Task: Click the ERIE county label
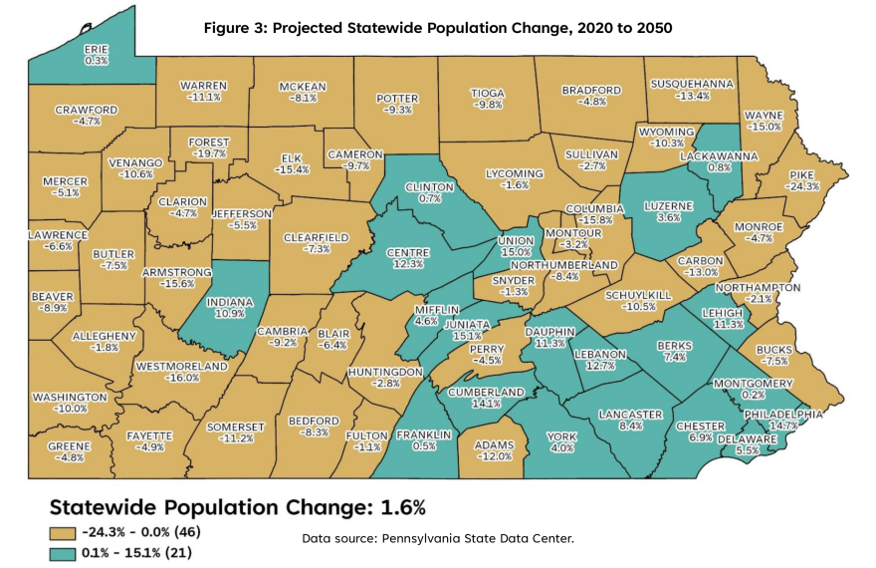tap(97, 49)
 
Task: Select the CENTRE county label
tap(408, 253)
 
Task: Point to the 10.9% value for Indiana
tap(230, 314)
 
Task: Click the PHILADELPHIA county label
tap(782, 415)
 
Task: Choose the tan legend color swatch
tap(62, 533)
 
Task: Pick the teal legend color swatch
tap(62, 554)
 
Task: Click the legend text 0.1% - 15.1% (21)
tap(137, 553)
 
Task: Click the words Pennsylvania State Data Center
tap(478, 538)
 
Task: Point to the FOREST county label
tap(209, 142)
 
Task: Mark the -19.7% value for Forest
tap(209, 153)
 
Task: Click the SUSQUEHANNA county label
tap(692, 84)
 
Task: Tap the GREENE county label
tap(70, 446)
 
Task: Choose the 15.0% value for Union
tap(516, 252)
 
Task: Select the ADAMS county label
tap(494, 445)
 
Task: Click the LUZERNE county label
tap(668, 206)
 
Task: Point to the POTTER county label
tap(397, 99)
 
